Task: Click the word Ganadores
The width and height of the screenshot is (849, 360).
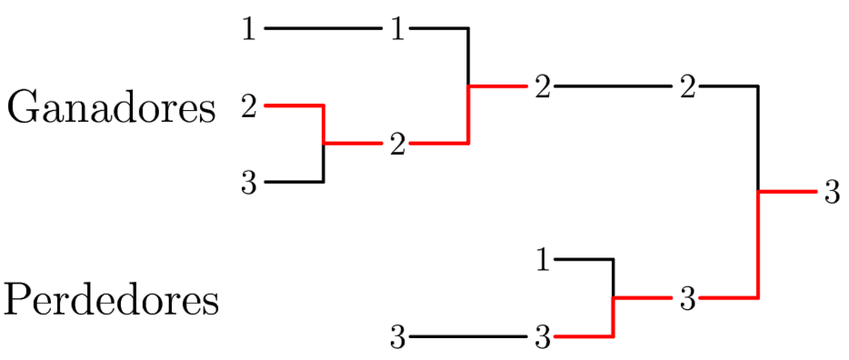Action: coord(111,109)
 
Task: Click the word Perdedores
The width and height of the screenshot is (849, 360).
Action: coord(111,300)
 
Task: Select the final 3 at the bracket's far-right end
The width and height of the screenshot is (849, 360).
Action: coord(832,193)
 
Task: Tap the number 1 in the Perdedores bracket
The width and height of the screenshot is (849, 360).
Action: coord(543,261)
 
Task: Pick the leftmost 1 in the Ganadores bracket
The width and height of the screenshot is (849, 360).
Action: coord(249,30)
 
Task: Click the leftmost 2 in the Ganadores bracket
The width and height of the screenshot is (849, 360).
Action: coord(249,107)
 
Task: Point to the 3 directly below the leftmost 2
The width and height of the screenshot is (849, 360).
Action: coord(249,184)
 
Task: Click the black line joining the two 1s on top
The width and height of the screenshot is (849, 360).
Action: coord(323,29)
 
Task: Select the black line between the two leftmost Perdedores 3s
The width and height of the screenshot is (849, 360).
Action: coord(468,337)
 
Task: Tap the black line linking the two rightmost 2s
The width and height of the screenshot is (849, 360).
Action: coord(614,87)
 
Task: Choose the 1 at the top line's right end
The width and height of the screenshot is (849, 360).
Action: coord(397,30)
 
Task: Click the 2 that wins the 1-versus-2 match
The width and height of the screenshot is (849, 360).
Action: coord(543,88)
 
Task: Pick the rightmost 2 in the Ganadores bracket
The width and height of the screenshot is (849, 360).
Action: coord(688,88)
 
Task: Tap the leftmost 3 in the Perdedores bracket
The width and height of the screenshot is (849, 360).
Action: coord(397,338)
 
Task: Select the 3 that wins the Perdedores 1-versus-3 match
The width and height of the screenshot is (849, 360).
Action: coord(688,299)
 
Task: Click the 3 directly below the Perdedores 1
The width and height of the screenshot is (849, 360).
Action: coord(543,338)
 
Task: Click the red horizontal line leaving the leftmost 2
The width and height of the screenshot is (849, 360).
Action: coord(294,106)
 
